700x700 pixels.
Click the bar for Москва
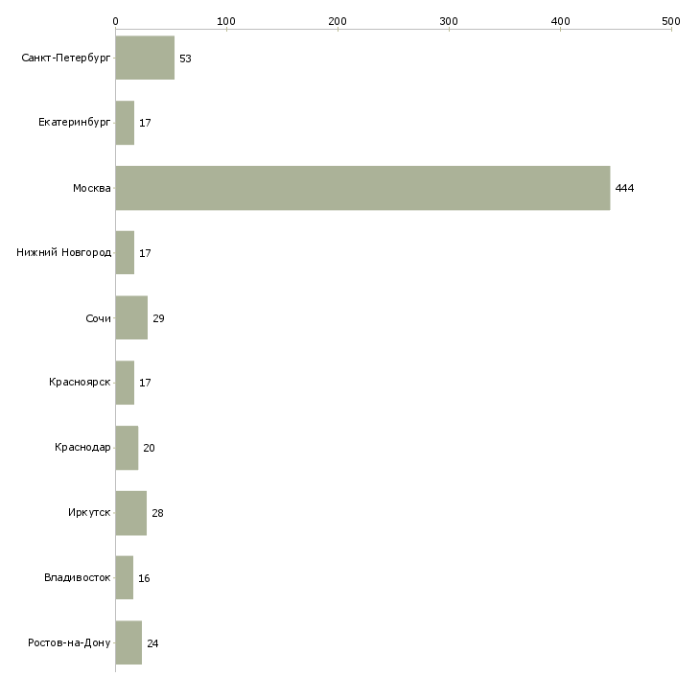(363, 188)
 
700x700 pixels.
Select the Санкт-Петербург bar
(145, 58)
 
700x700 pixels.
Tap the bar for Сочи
(131, 317)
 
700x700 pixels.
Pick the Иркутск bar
(131, 513)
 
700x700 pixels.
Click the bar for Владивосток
(125, 577)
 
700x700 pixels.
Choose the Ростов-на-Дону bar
(129, 642)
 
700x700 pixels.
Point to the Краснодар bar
(128, 448)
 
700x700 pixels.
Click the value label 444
(624, 188)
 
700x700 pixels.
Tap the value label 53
(185, 58)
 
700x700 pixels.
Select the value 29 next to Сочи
(158, 318)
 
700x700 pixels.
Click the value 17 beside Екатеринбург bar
(145, 123)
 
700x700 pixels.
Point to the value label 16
(144, 578)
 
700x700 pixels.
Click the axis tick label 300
(449, 21)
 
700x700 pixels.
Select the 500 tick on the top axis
(671, 21)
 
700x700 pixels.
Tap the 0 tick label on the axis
(116, 21)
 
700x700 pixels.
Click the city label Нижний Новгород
(64, 253)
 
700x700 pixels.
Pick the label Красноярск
(80, 383)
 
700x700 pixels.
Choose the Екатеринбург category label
(74, 123)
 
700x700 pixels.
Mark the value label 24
(152, 643)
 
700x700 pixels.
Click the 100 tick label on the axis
(226, 21)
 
